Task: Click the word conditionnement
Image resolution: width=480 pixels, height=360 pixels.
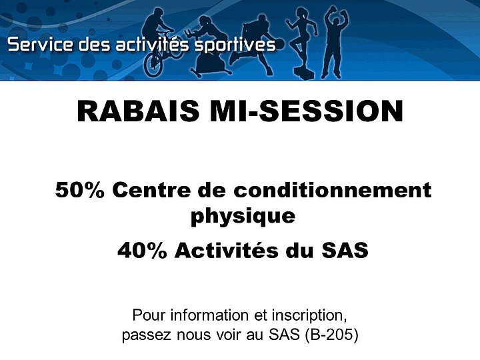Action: tap(333, 190)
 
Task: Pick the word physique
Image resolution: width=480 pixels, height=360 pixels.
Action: tap(243, 217)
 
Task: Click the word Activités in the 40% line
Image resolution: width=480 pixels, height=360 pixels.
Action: tap(227, 250)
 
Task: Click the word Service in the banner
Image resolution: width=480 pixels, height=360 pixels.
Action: tap(40, 45)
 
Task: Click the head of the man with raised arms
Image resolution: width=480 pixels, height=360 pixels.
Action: tap(336, 23)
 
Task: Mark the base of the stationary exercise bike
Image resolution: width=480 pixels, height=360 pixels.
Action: tap(211, 72)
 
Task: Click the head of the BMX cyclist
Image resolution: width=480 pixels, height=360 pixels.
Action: tap(158, 13)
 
